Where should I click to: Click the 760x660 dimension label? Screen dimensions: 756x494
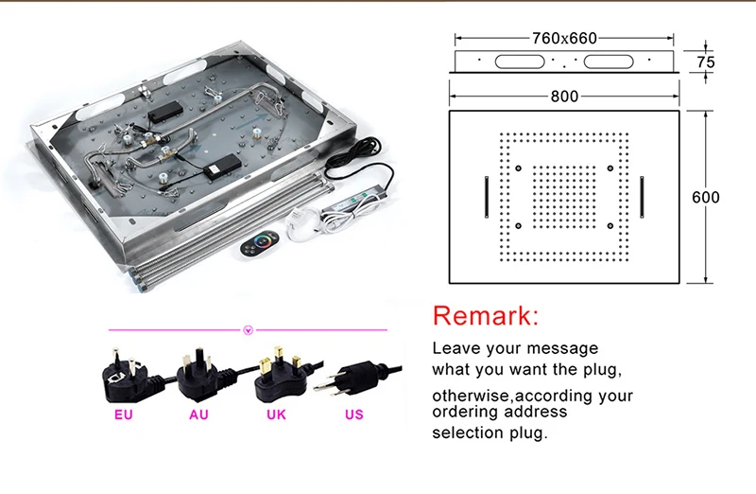click(x=564, y=38)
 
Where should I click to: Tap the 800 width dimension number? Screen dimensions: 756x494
click(x=564, y=97)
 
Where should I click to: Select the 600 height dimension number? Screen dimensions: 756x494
click(x=705, y=197)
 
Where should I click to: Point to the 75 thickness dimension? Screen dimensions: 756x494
click(x=705, y=62)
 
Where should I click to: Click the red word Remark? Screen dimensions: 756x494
click(x=485, y=316)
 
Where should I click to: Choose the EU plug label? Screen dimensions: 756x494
click(x=124, y=415)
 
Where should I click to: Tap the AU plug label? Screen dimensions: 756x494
click(x=198, y=415)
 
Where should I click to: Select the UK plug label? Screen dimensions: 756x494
click(x=276, y=415)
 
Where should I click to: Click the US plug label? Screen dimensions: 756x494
click(x=353, y=415)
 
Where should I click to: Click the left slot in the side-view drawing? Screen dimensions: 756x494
click(x=520, y=62)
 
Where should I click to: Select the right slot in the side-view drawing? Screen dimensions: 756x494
click(x=609, y=62)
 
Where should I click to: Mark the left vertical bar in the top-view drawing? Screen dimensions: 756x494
click(x=487, y=197)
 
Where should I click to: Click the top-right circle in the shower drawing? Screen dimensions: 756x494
click(x=610, y=168)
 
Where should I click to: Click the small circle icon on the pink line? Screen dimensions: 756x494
click(x=249, y=330)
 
